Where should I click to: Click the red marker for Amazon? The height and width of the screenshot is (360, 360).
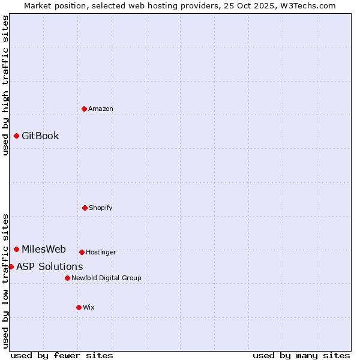[x=84, y=109]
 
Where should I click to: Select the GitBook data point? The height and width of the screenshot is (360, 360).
[x=16, y=136]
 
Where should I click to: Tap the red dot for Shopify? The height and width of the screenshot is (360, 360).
[x=85, y=208]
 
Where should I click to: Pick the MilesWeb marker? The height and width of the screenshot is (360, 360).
[x=16, y=249]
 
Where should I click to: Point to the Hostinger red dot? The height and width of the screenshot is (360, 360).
[x=82, y=252]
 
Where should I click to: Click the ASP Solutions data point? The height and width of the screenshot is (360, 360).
[x=11, y=266]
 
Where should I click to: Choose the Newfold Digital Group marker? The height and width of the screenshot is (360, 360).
[x=67, y=278]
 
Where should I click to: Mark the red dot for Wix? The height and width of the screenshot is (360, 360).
[x=79, y=307]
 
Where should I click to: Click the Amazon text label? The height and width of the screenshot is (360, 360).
[x=101, y=109]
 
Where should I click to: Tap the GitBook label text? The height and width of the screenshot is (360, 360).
[x=40, y=136]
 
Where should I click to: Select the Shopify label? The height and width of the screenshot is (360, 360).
[x=101, y=208]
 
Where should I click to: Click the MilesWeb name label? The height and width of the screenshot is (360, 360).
[x=44, y=249]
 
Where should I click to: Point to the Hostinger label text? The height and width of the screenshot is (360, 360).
[x=101, y=252]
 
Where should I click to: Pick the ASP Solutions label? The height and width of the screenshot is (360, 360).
[x=50, y=266]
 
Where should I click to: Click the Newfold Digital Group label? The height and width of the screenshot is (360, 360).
[x=106, y=278]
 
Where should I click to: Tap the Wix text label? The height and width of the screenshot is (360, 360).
[x=89, y=307]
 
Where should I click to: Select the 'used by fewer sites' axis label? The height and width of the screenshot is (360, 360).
[x=62, y=355]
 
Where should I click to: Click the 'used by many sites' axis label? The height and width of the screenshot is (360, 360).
[x=301, y=355]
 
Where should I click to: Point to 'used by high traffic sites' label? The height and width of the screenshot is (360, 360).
[x=5, y=85]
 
